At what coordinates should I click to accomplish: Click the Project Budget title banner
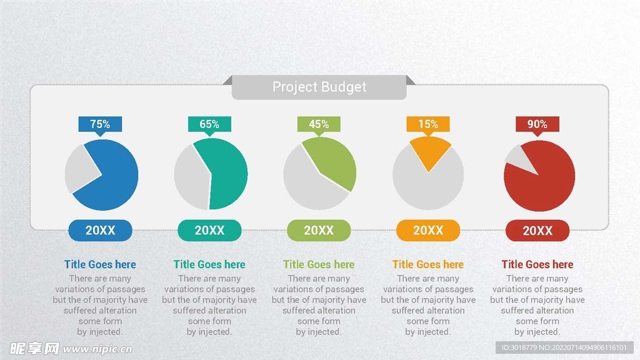pos(319,87)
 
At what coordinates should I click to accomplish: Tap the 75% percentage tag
pos(100,124)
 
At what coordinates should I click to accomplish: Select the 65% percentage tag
pos(209,124)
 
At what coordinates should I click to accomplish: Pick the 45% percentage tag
pos(319,124)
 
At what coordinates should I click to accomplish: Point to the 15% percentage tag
pos(428,124)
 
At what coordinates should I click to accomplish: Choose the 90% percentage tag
pos(537,124)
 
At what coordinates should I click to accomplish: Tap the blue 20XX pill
pos(100,230)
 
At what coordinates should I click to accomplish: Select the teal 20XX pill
pos(209,230)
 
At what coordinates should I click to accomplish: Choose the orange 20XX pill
pos(428,230)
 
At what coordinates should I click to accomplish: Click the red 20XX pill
pos(537,231)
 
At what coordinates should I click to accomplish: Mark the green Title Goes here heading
pos(319,264)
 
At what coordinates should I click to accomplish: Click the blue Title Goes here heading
pos(100,264)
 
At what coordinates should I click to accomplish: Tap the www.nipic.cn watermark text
pos(97,349)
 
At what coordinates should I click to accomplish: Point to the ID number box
pos(564,347)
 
